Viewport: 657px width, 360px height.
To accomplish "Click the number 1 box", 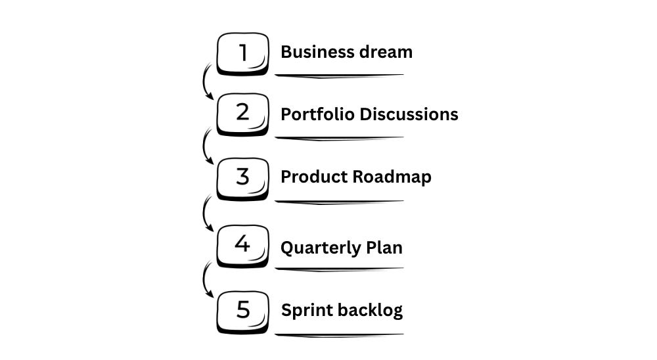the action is (242, 53).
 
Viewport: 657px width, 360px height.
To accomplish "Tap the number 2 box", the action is (242, 114).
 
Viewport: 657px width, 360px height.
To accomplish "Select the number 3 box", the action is (242, 178).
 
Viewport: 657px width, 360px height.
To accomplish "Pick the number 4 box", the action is (242, 246).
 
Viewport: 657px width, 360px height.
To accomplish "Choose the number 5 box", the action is (242, 310).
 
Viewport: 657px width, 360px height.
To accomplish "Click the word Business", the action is (311, 52).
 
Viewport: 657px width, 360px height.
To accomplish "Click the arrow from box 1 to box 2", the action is (206, 81).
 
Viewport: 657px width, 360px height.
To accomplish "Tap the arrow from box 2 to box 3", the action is (206, 146).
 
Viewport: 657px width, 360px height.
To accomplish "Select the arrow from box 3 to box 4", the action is (206, 213).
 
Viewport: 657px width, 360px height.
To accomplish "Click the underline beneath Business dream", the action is (339, 76).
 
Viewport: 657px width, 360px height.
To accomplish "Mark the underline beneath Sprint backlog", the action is (339, 335).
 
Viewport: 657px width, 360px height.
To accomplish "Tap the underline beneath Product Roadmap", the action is (339, 202).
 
